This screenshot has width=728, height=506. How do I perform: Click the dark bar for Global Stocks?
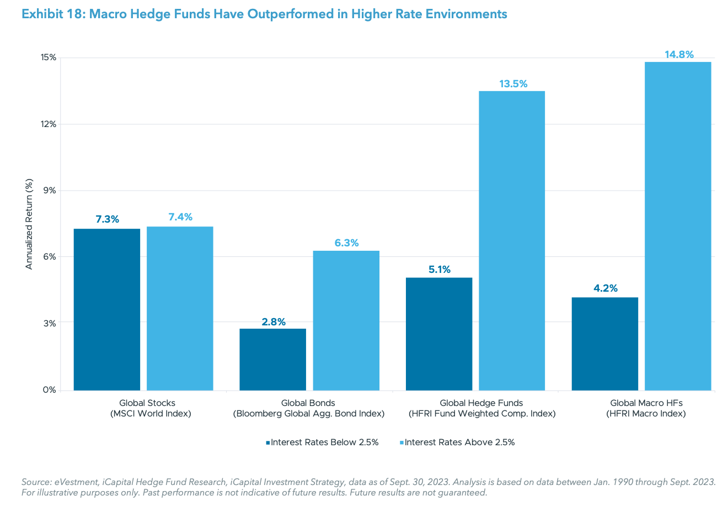click(106, 309)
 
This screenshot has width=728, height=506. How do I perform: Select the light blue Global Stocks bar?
click(180, 308)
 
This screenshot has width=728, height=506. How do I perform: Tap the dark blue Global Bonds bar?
click(272, 360)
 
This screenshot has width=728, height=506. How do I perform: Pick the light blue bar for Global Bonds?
click(346, 320)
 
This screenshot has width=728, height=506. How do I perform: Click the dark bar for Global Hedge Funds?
click(439, 334)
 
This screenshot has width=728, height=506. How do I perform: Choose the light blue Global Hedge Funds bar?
click(512, 240)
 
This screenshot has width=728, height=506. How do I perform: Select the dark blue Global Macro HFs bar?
click(605, 344)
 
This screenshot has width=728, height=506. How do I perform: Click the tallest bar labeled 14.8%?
click(678, 226)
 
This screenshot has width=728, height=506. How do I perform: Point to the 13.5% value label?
click(513, 84)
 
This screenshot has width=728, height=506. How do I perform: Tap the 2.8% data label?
click(274, 321)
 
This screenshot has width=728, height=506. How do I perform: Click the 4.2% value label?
click(606, 288)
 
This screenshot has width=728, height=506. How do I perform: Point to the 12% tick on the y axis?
click(49, 124)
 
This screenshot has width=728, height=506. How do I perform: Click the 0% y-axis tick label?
click(50, 390)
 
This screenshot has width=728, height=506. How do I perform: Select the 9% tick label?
click(50, 191)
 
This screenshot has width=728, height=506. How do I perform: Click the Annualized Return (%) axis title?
click(30, 224)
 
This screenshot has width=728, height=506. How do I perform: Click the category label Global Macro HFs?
click(646, 403)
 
